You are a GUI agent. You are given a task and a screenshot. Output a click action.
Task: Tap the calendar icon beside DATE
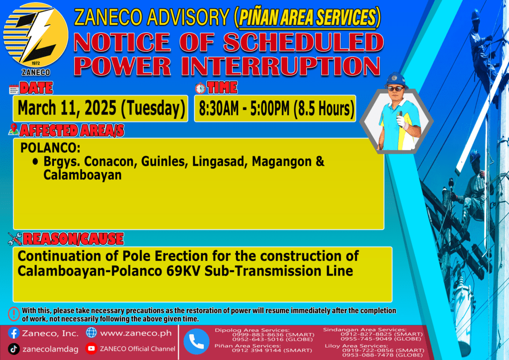pos(13,90)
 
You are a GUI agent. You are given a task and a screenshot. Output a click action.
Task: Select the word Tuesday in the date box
pos(153,108)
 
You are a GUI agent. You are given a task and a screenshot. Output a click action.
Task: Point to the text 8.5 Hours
pos(324,108)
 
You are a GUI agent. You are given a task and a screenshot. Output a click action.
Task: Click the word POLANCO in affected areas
pos(50,148)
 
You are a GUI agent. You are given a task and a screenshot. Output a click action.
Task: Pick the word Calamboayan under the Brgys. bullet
pos(83,175)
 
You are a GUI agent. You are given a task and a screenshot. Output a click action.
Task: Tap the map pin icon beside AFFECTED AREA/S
pos(13,129)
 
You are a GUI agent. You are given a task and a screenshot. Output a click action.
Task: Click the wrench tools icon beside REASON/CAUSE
pos(15,239)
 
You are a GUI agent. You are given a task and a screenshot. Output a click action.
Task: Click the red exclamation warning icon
pos(13,314)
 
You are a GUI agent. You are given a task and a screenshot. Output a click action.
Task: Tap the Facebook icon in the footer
pos(13,333)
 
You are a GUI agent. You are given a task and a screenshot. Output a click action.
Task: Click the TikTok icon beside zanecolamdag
pos(13,349)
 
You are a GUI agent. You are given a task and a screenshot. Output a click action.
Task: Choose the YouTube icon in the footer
pos(91,348)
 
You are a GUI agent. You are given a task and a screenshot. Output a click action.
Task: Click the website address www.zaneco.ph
pos(136,333)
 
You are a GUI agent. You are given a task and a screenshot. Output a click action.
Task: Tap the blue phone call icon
pos(196,342)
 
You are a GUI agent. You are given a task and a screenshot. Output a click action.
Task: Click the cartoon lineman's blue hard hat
pos(396,80)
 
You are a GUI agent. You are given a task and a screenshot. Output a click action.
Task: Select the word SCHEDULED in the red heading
pos(303,42)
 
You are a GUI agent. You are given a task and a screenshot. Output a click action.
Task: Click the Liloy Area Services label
pos(356,346)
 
